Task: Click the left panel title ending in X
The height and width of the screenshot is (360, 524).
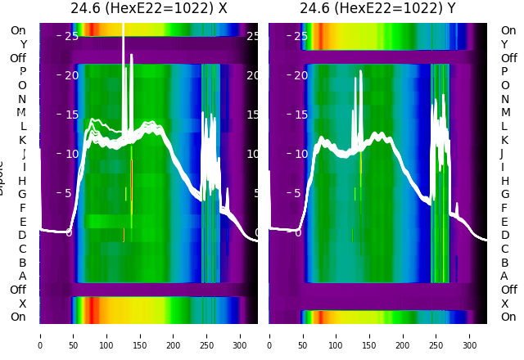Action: (148, 8)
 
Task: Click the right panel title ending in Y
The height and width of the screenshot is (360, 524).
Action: (377, 8)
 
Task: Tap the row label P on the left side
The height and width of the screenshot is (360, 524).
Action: (23, 72)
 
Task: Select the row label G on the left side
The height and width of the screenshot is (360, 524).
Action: (22, 195)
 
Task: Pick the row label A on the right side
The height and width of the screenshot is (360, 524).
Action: (504, 277)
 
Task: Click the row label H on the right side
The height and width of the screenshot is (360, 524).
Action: (505, 181)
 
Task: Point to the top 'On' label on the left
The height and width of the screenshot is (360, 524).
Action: (18, 30)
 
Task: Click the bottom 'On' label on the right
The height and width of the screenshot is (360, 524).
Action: (508, 317)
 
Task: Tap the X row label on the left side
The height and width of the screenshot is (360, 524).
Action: (23, 304)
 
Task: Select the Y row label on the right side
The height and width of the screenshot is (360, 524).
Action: (504, 44)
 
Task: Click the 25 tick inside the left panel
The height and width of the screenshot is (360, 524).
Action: (72, 37)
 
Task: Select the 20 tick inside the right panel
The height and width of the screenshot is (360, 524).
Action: (301, 76)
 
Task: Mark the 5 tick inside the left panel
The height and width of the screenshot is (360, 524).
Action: (69, 194)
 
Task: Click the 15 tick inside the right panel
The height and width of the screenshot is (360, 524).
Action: (301, 115)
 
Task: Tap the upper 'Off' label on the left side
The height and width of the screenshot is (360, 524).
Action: (18, 58)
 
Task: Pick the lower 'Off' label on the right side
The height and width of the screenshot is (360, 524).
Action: (508, 290)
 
